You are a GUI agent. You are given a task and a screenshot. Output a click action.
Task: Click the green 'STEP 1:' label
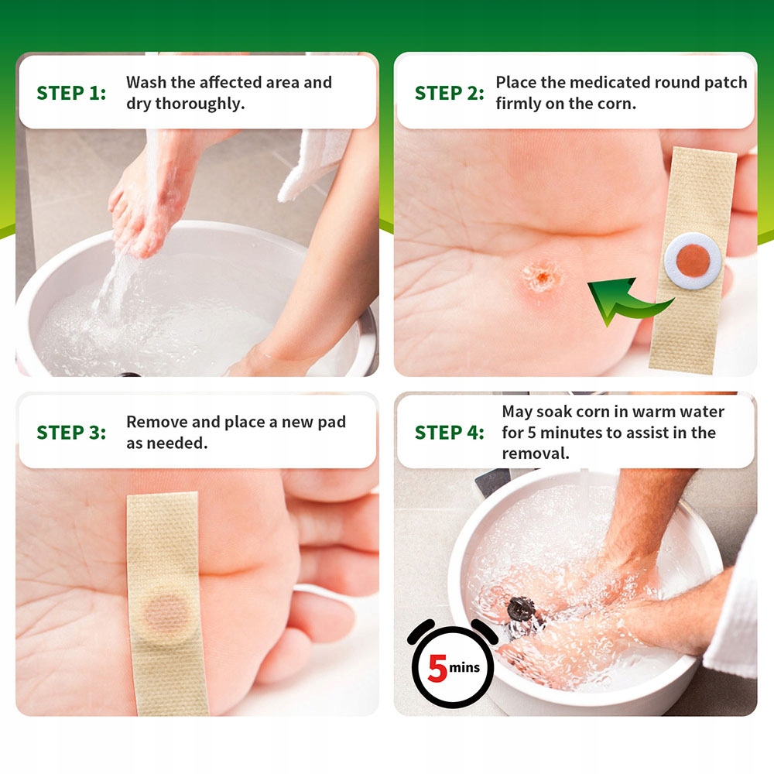[71, 93]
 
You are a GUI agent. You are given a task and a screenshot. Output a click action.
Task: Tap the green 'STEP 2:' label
[449, 93]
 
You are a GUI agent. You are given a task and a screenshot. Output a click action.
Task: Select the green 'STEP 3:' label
[71, 433]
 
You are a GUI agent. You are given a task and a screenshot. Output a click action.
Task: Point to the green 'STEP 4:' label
[449, 433]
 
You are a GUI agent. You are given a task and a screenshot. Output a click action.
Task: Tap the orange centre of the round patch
[693, 260]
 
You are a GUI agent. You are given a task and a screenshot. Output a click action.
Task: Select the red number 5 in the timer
[437, 668]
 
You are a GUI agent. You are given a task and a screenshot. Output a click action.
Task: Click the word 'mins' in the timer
[464, 667]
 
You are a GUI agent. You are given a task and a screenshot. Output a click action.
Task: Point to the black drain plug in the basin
[521, 609]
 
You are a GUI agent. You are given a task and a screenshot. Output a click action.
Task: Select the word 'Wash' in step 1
[146, 83]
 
